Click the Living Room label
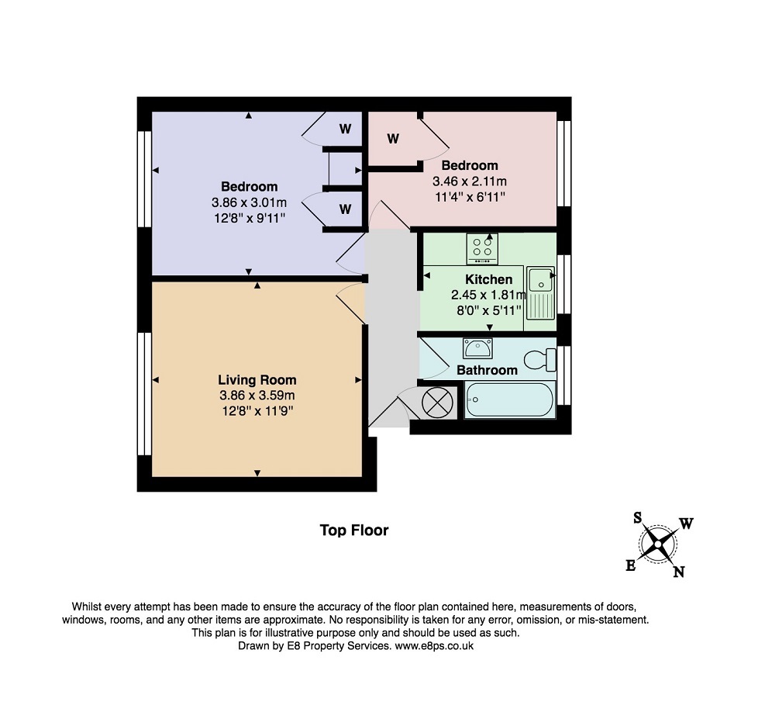[257, 380]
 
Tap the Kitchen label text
[489, 279]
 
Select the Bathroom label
[487, 370]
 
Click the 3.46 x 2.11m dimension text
[470, 181]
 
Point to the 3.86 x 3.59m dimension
[257, 396]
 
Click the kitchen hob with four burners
[482, 248]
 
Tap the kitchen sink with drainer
[540, 292]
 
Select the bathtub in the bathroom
[509, 399]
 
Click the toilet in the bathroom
[540, 360]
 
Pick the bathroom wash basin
[477, 348]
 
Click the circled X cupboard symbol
[437, 403]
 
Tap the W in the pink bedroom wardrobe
[393, 139]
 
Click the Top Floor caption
[354, 531]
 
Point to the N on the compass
[679, 572]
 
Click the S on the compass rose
[638, 517]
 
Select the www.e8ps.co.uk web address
[434, 645]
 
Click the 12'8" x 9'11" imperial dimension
[250, 218]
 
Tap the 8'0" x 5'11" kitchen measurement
[489, 310]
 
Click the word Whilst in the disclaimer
[87, 607]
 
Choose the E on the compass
[631, 565]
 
